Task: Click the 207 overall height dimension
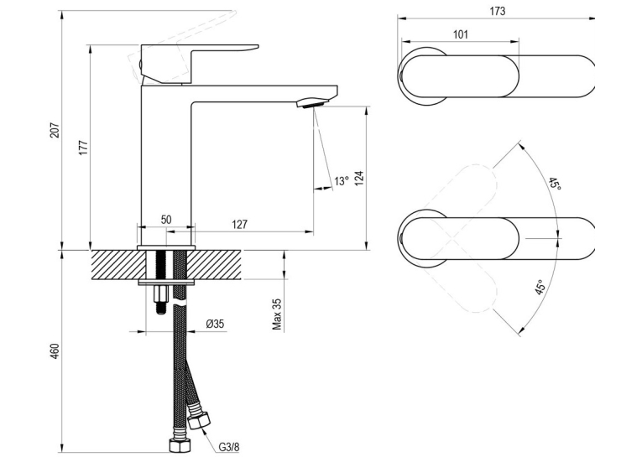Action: click(55, 130)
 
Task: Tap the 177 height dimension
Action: click(83, 148)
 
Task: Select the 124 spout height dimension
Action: click(358, 178)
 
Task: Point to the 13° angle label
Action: click(341, 180)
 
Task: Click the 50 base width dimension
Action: click(166, 220)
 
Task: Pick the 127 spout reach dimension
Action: click(239, 224)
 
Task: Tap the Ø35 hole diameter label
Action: click(215, 324)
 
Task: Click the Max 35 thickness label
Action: click(277, 314)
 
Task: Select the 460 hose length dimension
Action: click(55, 351)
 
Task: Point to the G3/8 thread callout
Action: click(228, 447)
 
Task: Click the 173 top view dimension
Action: click(498, 11)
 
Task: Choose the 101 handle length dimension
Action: click(461, 34)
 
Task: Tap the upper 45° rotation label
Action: click(555, 184)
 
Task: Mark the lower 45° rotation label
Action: click(540, 288)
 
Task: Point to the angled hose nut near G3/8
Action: click(198, 421)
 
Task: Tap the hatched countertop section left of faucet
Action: click(117, 265)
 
